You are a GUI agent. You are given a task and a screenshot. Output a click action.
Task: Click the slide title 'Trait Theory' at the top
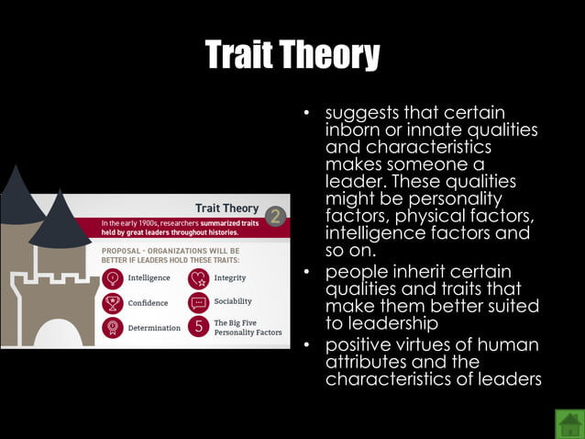tap(292, 56)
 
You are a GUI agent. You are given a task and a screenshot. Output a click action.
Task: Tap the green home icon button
tap(568, 423)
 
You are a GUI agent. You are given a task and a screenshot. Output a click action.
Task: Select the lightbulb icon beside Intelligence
tap(113, 278)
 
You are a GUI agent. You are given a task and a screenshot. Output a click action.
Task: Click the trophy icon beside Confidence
tap(113, 303)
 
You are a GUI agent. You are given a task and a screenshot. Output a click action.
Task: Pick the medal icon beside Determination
tap(113, 328)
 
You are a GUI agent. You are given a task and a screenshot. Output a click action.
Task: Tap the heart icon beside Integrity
tap(199, 278)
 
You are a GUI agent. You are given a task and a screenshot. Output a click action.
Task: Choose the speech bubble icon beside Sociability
tap(199, 303)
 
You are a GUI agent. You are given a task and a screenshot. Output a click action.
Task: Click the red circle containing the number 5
tap(199, 328)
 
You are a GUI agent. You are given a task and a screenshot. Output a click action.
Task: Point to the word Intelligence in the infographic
tap(149, 278)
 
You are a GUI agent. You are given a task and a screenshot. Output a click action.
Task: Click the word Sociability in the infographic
tap(233, 301)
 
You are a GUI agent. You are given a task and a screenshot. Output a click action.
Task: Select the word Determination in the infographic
tap(154, 328)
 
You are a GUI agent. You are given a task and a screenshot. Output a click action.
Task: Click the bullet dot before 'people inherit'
tap(309, 273)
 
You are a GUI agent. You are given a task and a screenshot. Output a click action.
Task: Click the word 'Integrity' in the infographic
tap(229, 278)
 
